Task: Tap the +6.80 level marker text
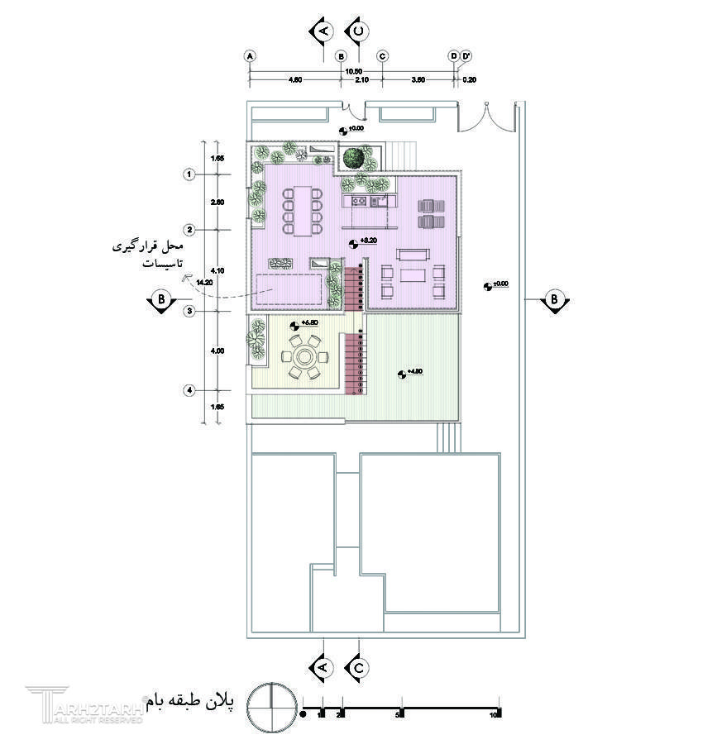[x=310, y=322]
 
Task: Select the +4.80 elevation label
[x=414, y=372]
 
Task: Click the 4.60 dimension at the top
[x=294, y=79]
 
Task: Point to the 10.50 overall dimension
[x=352, y=71]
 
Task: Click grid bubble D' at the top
[x=466, y=56]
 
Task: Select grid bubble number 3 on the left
[x=189, y=311]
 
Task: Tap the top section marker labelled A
[x=322, y=31]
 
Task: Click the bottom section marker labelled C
[x=358, y=666]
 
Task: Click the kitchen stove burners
[x=360, y=199]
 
